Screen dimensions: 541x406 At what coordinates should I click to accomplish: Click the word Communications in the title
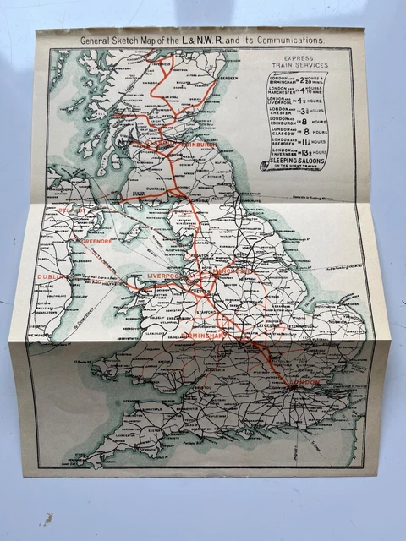pyautogui.click(x=283, y=39)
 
